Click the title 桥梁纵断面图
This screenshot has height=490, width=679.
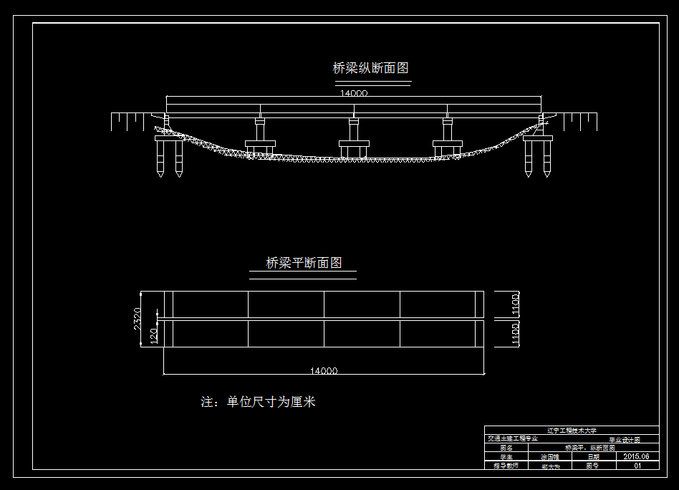[370, 69]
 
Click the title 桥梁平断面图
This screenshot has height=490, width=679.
[304, 263]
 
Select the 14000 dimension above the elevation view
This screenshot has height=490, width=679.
[354, 92]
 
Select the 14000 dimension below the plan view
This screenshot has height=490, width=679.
[324, 370]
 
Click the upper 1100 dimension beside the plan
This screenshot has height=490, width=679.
[515, 304]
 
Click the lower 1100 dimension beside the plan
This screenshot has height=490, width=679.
[515, 334]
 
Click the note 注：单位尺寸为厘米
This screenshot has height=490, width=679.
[258, 402]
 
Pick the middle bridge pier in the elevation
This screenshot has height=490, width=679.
[353, 136]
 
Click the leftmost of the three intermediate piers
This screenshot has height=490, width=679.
[259, 136]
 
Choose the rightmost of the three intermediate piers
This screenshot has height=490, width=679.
[448, 136]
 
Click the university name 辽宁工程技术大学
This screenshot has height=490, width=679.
[571, 431]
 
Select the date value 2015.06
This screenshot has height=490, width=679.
[636, 456]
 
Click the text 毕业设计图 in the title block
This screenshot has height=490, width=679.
[624, 439]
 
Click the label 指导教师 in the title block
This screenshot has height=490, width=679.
[505, 465]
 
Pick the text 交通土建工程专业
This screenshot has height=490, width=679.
[512, 438]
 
